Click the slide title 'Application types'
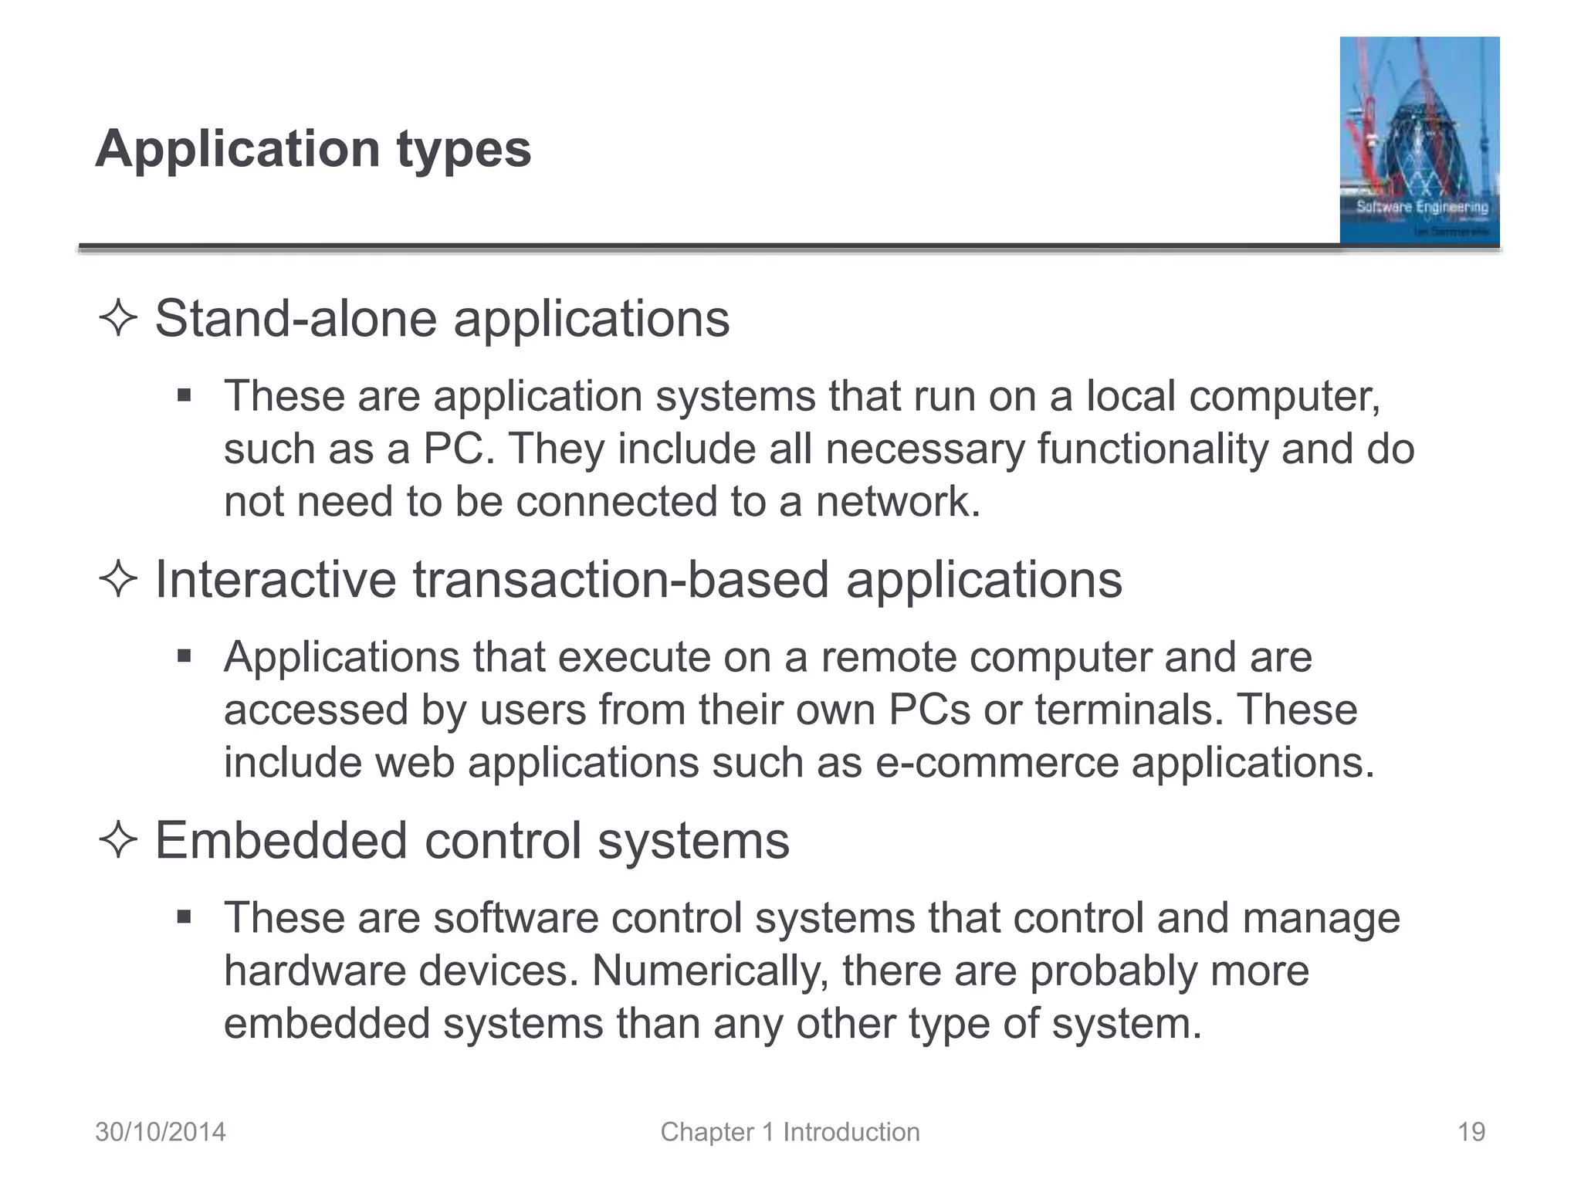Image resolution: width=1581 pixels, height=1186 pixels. [x=313, y=148]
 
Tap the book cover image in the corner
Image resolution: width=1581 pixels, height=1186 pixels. [x=1419, y=141]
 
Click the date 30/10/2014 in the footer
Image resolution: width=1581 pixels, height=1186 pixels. [x=161, y=1132]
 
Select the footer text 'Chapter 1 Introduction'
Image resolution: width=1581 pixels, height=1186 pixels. [x=790, y=1132]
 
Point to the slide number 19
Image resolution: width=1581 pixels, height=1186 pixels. [x=1471, y=1132]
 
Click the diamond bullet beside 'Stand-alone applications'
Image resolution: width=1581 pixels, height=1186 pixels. [x=118, y=319]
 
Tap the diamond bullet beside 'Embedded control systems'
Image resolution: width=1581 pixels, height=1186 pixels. [x=118, y=841]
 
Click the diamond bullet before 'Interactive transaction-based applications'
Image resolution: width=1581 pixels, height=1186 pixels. [x=118, y=580]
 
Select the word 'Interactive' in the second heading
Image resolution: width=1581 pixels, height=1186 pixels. [x=275, y=580]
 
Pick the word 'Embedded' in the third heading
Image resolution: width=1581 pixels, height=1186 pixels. [x=281, y=841]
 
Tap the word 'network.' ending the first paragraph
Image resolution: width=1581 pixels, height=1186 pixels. [x=898, y=502]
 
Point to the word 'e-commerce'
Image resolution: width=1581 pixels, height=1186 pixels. [x=997, y=763]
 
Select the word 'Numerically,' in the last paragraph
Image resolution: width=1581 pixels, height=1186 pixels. [x=710, y=971]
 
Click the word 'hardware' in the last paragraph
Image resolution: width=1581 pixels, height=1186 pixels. [x=314, y=971]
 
